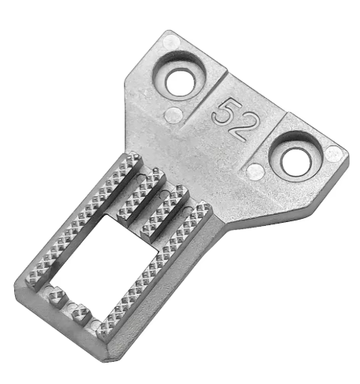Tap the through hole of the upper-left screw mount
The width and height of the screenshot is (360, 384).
pos(181,82)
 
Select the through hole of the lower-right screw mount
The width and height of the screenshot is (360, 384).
pos(295,162)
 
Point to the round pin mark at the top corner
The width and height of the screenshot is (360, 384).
pos(171,42)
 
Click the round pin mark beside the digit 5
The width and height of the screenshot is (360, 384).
pos(173,115)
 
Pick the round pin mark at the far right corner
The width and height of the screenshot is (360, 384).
pos(334,154)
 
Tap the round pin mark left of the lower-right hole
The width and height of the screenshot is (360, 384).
pos(255,171)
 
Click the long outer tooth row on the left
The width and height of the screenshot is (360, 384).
pos(84,220)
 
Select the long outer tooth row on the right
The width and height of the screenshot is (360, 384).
pos(156,269)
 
